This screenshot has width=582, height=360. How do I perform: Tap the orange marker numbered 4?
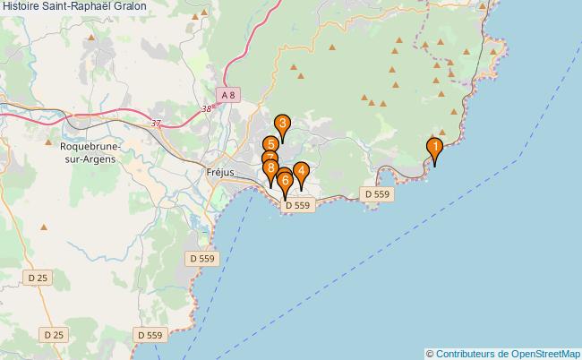tap(301, 171)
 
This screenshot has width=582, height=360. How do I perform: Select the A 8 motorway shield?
tap(229, 94)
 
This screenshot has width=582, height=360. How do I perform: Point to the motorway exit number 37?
tap(158, 124)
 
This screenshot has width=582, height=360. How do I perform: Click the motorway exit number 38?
tap(209, 108)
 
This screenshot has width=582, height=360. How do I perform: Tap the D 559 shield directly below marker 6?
tap(297, 206)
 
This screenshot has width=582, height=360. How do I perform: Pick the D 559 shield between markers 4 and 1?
tap(376, 193)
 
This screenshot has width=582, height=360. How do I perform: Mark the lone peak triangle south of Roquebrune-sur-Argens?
tap(44, 227)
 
